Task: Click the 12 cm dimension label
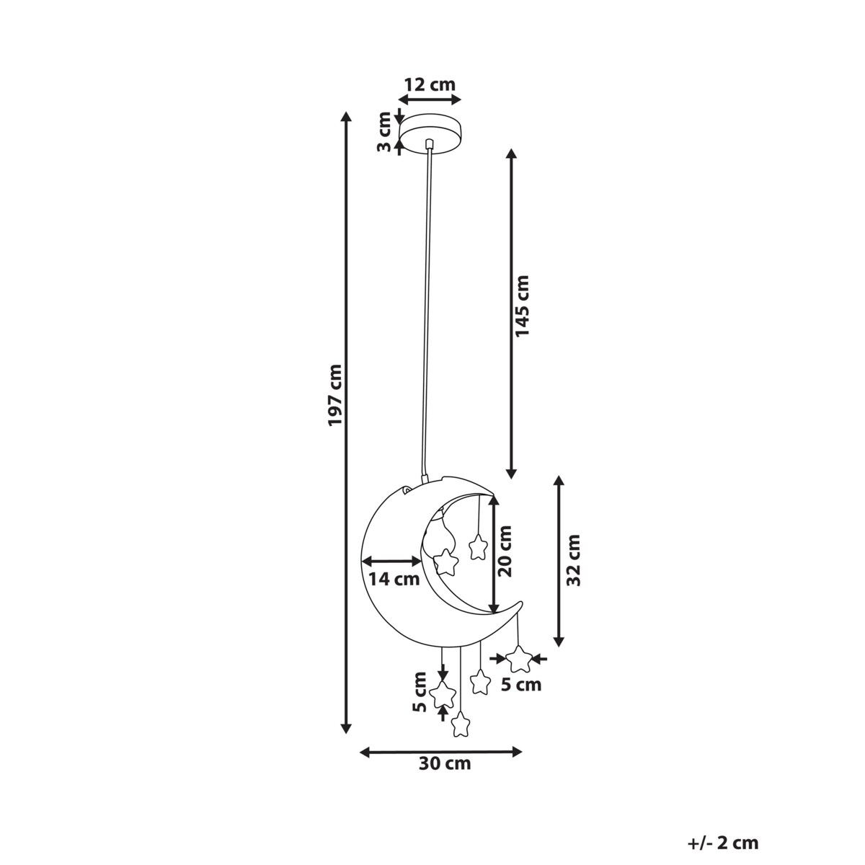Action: coord(430,84)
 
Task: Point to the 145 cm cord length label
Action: coord(522,306)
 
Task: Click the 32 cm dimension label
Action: coord(573,560)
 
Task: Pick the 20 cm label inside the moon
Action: coord(505,551)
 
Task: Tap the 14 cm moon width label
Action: coord(394,579)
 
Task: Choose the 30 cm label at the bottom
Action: coord(445,763)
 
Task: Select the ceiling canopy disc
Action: coord(431,132)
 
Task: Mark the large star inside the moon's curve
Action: coord(445,562)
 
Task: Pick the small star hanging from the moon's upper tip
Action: coord(478,547)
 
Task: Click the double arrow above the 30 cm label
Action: coord(441,751)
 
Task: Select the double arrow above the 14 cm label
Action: coord(392,561)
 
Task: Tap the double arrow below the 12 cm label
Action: coord(430,99)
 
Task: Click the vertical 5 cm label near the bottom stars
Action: coord(420,698)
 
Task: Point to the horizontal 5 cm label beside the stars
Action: coord(521,685)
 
